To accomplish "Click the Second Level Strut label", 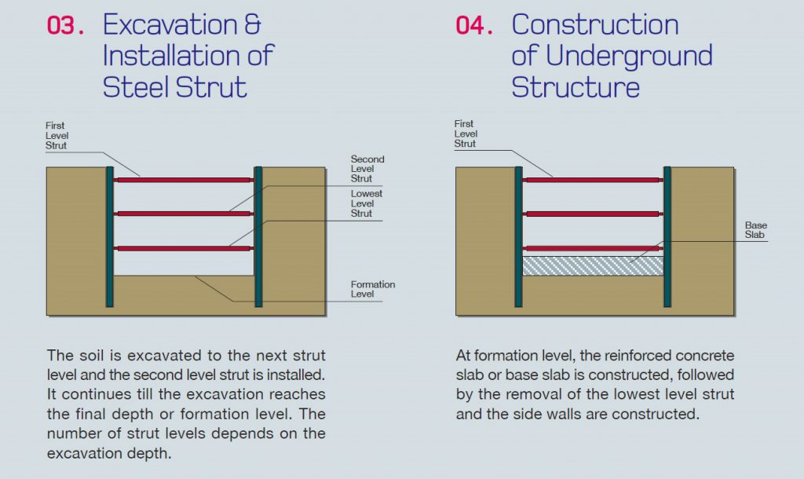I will coord(367,169).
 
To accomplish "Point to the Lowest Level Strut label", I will coord(367,203).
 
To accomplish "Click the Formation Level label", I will coord(373,289).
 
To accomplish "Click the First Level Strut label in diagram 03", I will coord(57,135).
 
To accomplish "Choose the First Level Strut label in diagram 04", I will coord(466,133).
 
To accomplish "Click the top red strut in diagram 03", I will coord(183,180).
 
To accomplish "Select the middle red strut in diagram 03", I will coord(183,214).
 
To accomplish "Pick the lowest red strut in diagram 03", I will coord(183,248).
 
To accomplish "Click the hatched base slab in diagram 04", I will coord(593,266).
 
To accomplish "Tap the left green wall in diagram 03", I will coord(110,236).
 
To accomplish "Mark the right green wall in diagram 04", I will coord(667,236).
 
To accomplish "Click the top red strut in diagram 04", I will coord(593,180).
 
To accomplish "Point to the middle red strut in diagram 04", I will coord(593,214).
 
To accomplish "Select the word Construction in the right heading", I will coord(595,25).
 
